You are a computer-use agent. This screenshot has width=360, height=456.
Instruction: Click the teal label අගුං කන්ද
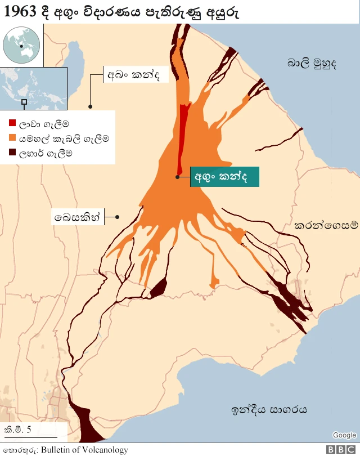[224, 176]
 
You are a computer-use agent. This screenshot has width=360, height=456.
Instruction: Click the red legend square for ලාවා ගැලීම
[12, 123]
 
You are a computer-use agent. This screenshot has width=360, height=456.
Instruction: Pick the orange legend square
[12, 137]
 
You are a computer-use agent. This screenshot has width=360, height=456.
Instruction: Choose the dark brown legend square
[12, 152]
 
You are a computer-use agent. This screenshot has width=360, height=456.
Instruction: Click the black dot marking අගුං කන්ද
[177, 177]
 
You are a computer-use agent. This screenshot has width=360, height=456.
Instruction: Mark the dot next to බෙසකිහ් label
[118, 217]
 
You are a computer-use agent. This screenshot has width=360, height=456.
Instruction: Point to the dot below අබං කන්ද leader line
[90, 106]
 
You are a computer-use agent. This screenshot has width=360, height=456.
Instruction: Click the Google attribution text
[344, 435]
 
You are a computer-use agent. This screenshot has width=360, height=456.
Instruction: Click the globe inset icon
[21, 45]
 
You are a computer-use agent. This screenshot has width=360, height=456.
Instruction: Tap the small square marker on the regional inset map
[24, 102]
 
